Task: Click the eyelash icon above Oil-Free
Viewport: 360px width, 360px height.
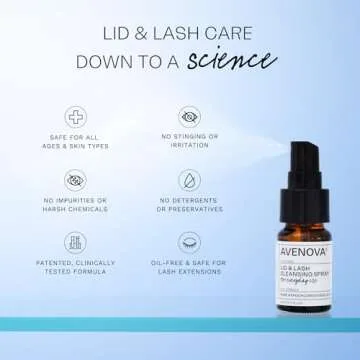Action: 187,243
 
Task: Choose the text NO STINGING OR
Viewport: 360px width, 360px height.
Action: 187,139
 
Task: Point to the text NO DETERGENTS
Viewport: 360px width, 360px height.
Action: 187,203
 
